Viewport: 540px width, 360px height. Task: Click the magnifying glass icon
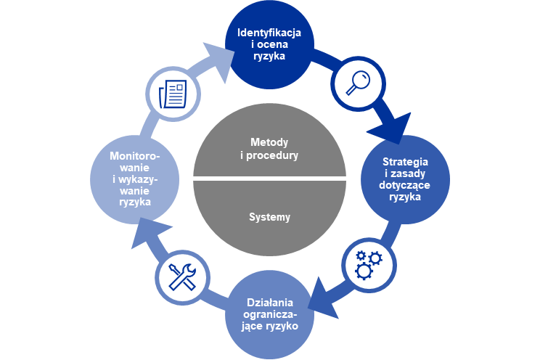pyautogui.click(x=355, y=81)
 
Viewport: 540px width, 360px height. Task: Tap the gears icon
pyautogui.click(x=369, y=263)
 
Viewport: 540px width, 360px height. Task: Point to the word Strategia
pyautogui.click(x=406, y=160)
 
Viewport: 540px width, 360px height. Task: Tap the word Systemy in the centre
pyautogui.click(x=269, y=216)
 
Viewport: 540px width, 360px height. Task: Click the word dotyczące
pyautogui.click(x=406, y=185)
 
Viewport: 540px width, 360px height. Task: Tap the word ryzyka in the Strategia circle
pyautogui.click(x=406, y=197)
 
